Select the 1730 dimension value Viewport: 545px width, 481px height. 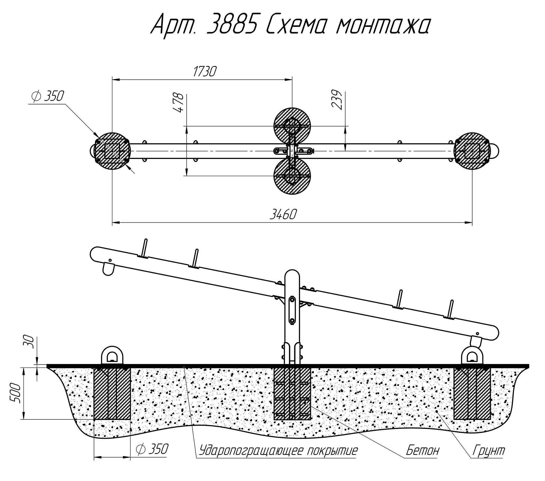coord(204,72)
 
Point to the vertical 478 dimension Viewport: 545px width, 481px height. coord(178,103)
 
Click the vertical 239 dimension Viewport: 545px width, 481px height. coord(337,100)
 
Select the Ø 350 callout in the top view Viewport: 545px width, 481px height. coord(47,97)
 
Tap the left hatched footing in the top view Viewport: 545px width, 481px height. coord(112,151)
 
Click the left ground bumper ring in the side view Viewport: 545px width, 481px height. coord(112,356)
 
